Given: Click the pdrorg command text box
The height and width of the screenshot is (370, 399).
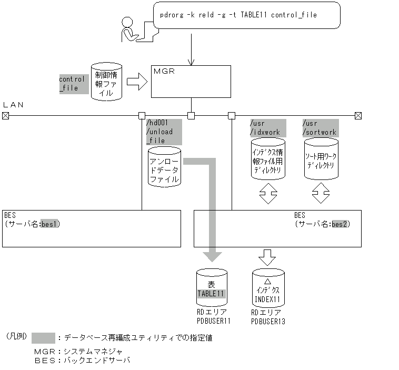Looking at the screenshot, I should pyautogui.click(x=247, y=15).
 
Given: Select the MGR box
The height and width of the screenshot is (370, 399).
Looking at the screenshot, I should pyautogui.click(x=191, y=81).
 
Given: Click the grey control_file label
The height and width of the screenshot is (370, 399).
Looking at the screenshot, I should pyautogui.click(x=72, y=84).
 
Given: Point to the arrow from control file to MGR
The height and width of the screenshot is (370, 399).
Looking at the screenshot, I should pyautogui.click(x=137, y=82).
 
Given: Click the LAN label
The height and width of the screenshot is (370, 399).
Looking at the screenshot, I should pyautogui.click(x=14, y=105).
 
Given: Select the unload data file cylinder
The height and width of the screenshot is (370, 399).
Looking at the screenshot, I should pyautogui.click(x=164, y=167).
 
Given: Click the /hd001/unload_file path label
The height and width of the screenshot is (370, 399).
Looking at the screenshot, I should pyautogui.click(x=163, y=132).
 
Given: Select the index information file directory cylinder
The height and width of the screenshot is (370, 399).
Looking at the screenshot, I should pyautogui.click(x=268, y=158).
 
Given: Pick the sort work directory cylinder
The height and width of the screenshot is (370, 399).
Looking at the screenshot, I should pyautogui.click(x=321, y=158).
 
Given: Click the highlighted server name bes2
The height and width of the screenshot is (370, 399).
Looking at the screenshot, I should pyautogui.click(x=340, y=224).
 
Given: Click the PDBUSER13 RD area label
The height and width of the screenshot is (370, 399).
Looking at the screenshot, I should pyautogui.click(x=268, y=321).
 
